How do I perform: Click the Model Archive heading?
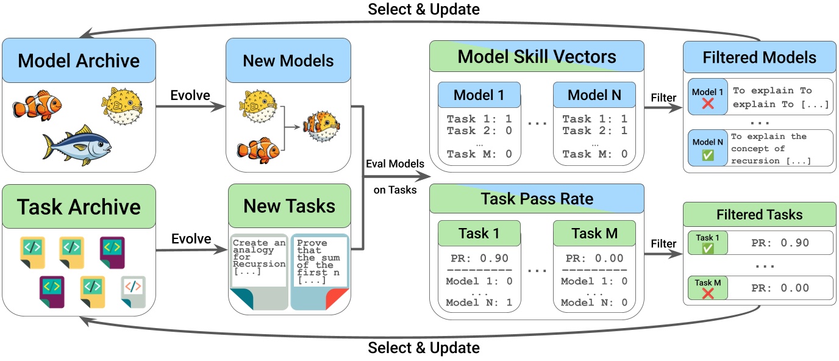pos(79,61)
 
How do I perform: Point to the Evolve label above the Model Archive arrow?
pos(190,96)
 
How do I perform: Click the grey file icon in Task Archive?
pos(133,291)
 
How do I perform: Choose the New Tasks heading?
pos(289,206)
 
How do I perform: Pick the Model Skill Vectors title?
pos(537,57)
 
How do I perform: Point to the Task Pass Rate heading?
pos(537,199)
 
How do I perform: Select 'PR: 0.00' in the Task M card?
pos(594,258)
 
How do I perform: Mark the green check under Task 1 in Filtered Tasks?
pos(708,249)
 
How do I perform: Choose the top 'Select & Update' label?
pos(423,9)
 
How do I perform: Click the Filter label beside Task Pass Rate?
pos(663,244)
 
